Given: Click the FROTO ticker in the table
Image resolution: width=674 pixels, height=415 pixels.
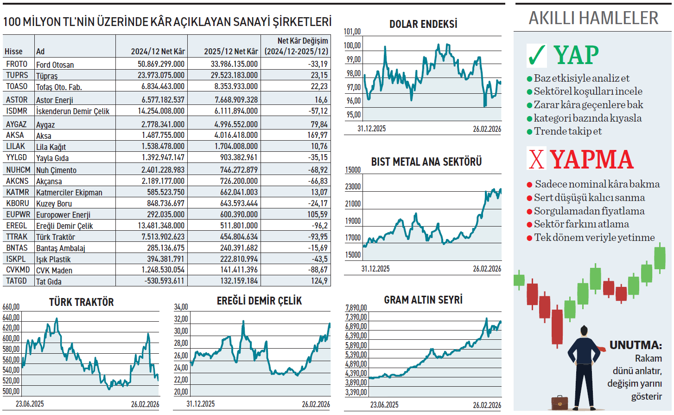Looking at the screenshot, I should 17,64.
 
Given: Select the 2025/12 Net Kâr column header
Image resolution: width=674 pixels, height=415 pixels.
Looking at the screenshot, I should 231,52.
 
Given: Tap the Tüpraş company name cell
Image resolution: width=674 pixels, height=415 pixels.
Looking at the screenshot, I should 47,76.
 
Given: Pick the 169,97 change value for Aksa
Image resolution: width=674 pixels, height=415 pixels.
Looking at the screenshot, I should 318,135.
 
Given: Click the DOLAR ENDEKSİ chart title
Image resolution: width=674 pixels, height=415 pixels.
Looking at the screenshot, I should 423,24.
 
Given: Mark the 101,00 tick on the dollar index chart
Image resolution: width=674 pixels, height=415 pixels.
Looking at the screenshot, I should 352,32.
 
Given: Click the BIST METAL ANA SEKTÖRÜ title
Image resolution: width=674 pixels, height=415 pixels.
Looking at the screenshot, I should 426,162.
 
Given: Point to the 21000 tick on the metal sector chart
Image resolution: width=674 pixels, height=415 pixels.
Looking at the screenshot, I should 353,204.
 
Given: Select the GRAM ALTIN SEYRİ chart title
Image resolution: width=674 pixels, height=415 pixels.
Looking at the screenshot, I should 423,300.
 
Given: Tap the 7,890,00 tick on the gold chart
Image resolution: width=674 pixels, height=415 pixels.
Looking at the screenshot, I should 356,308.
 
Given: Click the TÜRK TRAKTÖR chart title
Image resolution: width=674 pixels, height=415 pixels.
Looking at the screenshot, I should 82,302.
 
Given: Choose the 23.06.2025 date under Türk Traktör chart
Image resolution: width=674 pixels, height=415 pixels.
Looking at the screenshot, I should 30,404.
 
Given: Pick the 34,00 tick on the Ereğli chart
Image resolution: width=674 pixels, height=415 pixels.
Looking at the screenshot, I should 181,307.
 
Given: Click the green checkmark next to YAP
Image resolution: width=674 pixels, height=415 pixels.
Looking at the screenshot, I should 537,55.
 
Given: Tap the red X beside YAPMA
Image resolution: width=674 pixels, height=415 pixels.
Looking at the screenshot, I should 536,159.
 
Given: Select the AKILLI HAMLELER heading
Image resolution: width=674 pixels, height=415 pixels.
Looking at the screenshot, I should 593,18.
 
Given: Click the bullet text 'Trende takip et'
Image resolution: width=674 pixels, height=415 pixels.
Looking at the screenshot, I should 568,131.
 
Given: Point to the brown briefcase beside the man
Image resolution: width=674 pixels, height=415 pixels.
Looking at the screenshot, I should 560,402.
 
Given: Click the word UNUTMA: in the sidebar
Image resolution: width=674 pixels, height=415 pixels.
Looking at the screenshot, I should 635,345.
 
